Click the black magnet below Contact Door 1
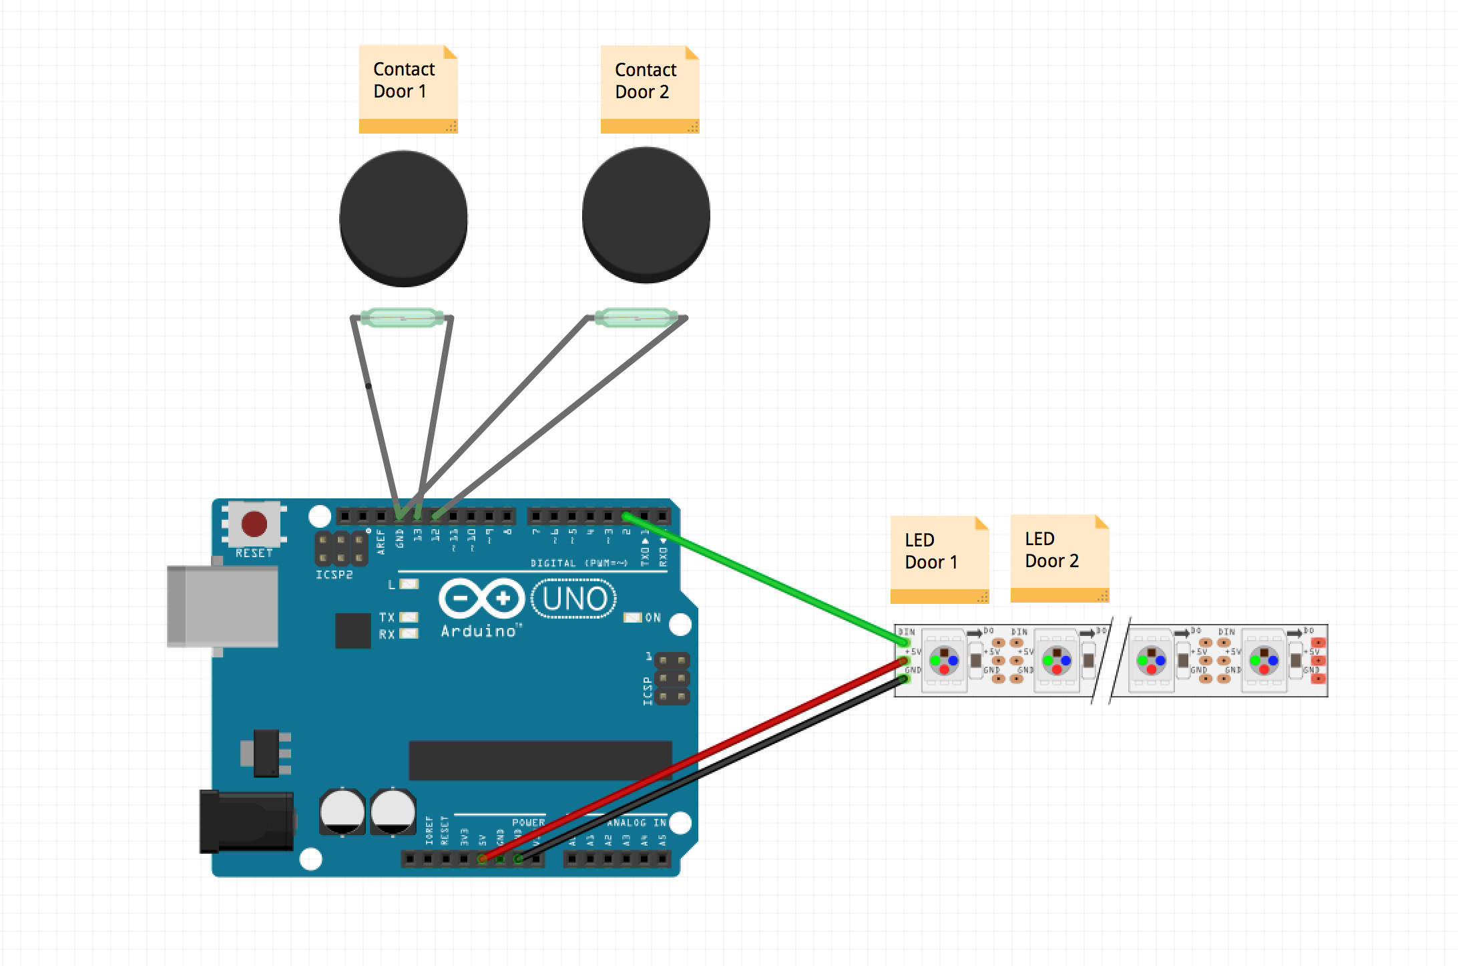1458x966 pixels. pos(403,218)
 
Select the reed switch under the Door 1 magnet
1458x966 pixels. pos(402,317)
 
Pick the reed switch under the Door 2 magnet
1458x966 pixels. pos(636,317)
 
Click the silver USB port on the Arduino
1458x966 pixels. pos(222,606)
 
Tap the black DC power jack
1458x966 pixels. pos(246,821)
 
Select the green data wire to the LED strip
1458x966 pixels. pos(768,580)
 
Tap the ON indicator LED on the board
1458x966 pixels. pos(632,617)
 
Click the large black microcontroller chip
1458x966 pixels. pos(539,760)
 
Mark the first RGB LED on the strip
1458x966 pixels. pos(944,660)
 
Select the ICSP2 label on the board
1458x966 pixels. pos(334,575)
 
